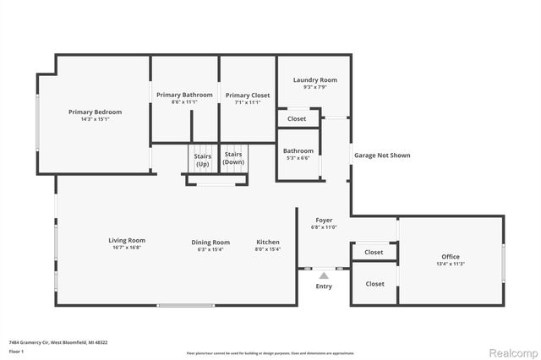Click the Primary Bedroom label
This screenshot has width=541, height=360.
95,112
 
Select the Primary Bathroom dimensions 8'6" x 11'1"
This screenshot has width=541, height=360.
184,102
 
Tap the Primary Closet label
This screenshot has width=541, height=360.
248,95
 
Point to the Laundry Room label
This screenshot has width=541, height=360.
315,79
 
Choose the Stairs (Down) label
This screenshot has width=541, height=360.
232,158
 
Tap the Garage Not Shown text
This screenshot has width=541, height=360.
382,155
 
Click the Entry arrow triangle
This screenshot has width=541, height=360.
323,274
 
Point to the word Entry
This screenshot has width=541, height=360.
324,286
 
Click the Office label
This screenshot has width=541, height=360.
451,256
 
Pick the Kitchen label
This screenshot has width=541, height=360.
268,242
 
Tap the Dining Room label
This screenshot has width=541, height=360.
210,242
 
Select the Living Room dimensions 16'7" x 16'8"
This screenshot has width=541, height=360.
127,248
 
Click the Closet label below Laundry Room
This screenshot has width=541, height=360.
297,119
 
